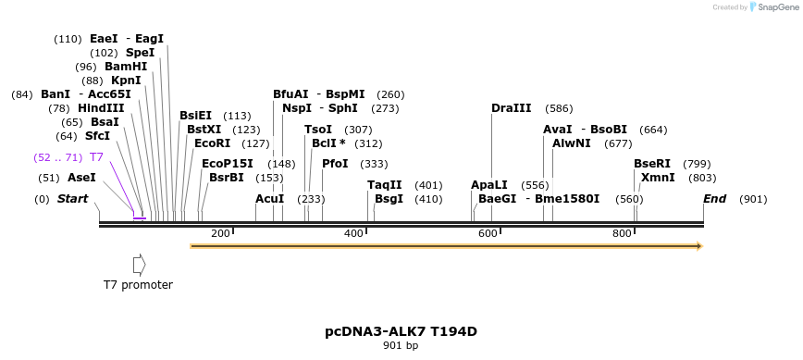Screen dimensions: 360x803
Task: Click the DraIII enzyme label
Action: pos(511,108)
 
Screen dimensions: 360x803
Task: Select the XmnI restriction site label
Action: pos(658,178)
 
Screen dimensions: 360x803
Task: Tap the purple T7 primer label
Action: pos(96,157)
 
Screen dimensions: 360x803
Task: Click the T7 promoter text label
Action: pos(138,285)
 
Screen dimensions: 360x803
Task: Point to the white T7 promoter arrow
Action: pos(139,265)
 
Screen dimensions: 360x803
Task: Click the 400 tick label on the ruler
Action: pos(354,233)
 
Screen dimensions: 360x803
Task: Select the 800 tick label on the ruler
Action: pos(623,233)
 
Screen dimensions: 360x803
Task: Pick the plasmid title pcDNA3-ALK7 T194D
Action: pos(401,331)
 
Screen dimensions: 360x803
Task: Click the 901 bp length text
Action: pos(401,346)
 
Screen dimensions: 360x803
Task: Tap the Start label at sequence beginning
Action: pos(73,199)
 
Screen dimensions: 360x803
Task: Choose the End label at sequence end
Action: pos(714,199)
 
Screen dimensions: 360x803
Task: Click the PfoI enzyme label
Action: pos(335,164)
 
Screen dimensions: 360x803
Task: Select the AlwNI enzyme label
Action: pos(571,143)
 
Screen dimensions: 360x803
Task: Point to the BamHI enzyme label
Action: pos(126,67)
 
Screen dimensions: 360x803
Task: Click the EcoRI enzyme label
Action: pos(212,143)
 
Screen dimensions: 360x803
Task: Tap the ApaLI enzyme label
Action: pos(489,185)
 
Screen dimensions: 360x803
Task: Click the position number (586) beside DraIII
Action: pos(559,108)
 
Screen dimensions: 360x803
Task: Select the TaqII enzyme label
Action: pos(385,185)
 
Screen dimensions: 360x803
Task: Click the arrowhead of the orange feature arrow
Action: pos(699,246)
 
